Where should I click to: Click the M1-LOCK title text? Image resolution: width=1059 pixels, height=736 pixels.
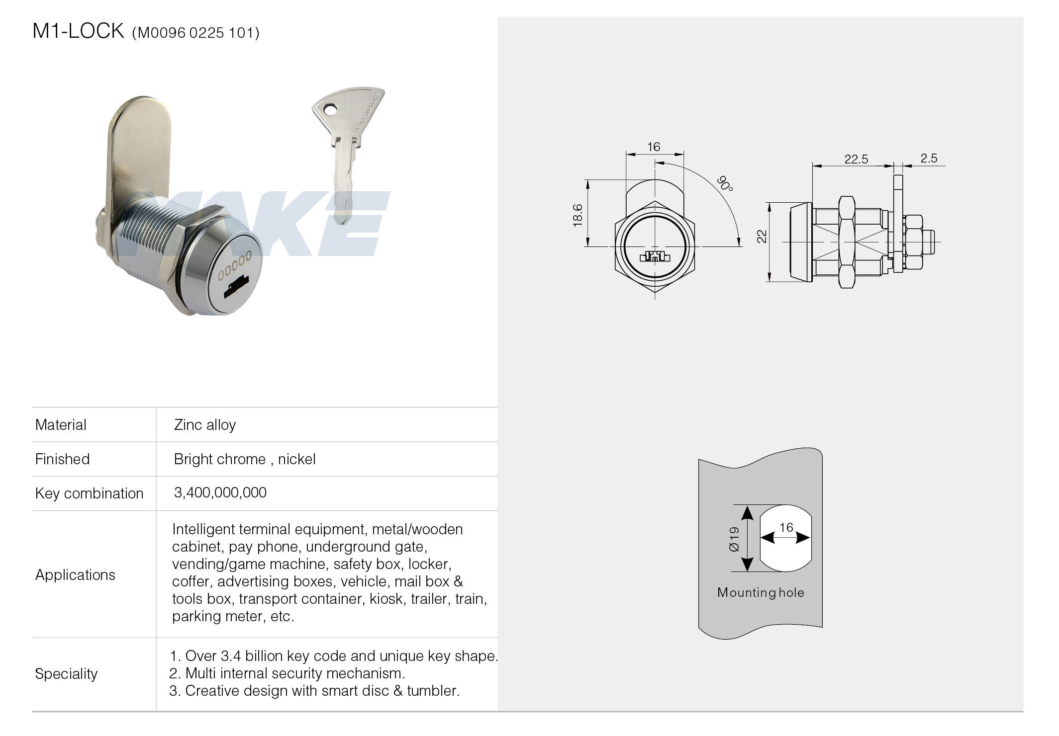click(x=78, y=31)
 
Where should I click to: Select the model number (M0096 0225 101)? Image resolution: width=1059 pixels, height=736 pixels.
click(x=195, y=33)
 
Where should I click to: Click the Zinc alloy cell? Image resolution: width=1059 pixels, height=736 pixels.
click(x=204, y=425)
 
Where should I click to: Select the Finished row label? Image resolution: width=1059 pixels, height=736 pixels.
click(x=62, y=459)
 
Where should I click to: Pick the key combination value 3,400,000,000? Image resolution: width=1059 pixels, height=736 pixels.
click(x=220, y=492)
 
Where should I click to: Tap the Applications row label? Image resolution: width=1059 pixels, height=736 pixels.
click(x=75, y=574)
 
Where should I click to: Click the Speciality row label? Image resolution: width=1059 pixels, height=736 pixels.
click(x=66, y=674)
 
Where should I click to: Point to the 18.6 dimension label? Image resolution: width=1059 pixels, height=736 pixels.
click(x=578, y=215)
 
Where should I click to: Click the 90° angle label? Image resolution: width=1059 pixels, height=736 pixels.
click(x=725, y=183)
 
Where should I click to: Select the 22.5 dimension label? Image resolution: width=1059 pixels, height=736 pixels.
click(x=856, y=159)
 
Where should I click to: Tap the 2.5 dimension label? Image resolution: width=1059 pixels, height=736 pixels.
click(x=929, y=158)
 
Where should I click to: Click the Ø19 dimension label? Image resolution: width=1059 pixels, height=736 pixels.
click(x=734, y=539)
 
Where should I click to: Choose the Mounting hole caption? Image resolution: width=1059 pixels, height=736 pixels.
click(x=761, y=592)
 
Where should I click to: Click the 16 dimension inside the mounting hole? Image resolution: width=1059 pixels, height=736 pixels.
click(x=786, y=528)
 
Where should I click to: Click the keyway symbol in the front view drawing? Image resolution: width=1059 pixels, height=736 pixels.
click(x=654, y=256)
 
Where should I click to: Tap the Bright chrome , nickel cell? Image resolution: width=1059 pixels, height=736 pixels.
click(x=245, y=459)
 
